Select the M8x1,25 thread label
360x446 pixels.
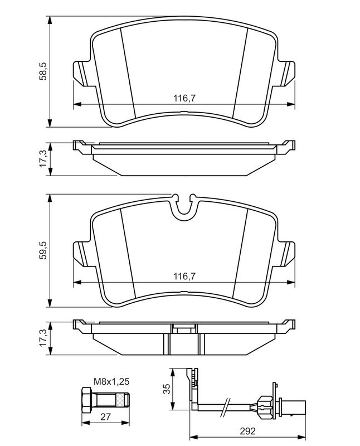111,381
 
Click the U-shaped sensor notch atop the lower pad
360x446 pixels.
184,207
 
